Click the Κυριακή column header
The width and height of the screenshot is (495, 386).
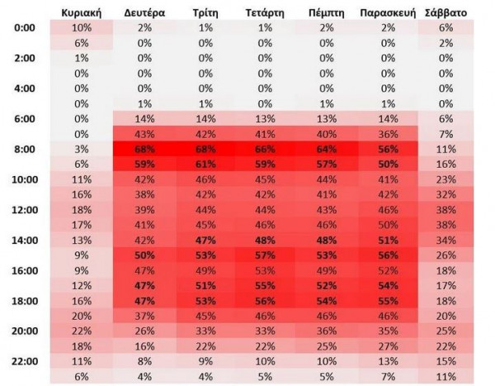(81, 13)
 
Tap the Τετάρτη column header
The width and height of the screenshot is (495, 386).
(266, 13)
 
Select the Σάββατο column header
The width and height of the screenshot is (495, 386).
(446, 13)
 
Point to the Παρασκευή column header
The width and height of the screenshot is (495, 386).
(387, 13)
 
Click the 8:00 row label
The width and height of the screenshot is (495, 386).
(26, 150)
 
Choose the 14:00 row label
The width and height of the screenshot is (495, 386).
(26, 241)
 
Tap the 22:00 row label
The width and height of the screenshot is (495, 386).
(26, 362)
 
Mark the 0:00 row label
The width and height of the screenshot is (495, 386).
(26, 28)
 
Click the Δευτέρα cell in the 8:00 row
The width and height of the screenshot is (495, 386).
(144, 150)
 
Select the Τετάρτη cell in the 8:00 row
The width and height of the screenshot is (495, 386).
(266, 150)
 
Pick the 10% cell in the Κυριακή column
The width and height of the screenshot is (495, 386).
(81, 28)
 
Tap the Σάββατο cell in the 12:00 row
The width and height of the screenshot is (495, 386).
(446, 210)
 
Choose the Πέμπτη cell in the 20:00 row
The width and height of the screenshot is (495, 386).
(326, 331)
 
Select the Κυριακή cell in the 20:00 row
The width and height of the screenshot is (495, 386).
(81, 331)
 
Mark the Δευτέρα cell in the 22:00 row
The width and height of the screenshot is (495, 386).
(144, 362)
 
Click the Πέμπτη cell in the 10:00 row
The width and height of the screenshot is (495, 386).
(326, 179)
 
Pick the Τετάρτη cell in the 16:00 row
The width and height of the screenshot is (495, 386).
(266, 270)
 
